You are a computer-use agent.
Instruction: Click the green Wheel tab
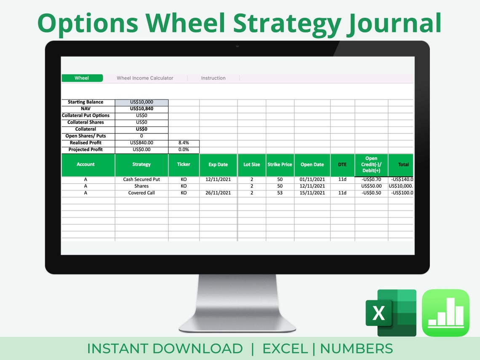pos(82,78)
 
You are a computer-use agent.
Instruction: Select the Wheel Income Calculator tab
pos(145,78)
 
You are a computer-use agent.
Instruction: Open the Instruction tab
pos(213,78)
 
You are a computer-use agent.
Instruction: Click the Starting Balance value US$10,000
pos(141,102)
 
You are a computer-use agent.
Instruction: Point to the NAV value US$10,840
pos(141,109)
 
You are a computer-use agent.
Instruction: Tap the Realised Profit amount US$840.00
pos(141,143)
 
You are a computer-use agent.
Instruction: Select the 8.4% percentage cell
pos(184,143)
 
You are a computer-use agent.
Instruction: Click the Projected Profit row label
pos(85,149)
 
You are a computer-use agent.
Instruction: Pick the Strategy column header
pos(141,164)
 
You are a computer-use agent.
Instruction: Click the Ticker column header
pos(184,164)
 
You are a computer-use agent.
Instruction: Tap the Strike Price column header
pos(280,164)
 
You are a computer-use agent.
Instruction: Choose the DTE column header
pos(342,164)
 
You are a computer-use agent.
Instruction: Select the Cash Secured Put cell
pos(141,179)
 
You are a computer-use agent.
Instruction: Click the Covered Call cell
pos(141,193)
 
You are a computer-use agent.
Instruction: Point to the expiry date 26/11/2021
pos(218,193)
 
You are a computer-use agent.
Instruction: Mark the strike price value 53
pos(280,193)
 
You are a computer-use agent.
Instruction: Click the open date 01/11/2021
pos(312,179)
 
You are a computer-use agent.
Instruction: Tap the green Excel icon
pos(390,313)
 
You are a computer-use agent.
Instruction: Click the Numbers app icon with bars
pos(445,313)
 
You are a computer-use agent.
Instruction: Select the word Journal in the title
pos(394,23)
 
